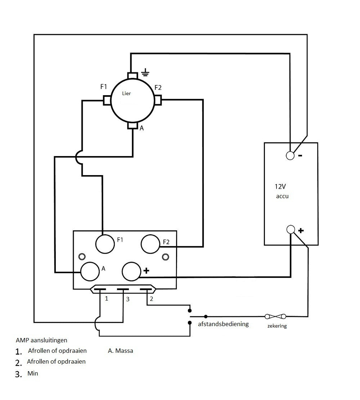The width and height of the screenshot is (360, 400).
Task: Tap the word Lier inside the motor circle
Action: coord(126,93)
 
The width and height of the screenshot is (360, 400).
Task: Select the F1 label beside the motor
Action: coord(104,87)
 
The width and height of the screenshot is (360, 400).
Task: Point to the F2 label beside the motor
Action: coord(158,88)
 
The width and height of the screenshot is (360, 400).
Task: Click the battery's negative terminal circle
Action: coord(290,155)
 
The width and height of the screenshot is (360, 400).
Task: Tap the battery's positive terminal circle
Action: coord(291,229)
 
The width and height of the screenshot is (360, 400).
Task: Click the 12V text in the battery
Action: coord(280,187)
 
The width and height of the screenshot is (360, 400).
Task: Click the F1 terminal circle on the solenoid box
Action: coord(104,244)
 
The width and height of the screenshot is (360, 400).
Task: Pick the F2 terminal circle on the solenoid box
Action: coord(150,244)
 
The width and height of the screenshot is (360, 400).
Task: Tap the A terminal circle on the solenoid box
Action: coord(90,271)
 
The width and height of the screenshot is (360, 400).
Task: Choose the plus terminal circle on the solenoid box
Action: coord(132,271)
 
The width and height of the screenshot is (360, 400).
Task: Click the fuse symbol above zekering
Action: coord(275,316)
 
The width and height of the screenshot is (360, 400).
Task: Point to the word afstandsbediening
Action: coord(223,324)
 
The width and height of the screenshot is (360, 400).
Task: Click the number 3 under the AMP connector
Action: coord(127,299)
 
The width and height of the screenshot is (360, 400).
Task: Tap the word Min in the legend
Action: coord(33,373)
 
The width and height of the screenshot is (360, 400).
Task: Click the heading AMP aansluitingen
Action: coord(42,340)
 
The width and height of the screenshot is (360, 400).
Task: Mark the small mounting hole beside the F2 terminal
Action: coord(165,257)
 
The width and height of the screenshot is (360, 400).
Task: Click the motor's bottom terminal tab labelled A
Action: coord(133,125)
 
